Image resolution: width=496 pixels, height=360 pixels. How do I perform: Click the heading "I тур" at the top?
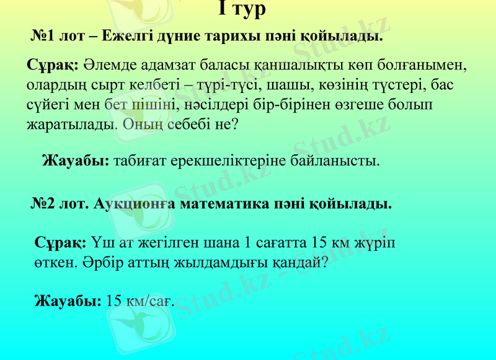[242, 9]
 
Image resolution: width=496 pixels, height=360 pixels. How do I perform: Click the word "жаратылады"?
[71, 124]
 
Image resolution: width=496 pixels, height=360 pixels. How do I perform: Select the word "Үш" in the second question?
[102, 242]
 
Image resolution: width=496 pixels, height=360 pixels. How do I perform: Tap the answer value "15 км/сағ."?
[140, 302]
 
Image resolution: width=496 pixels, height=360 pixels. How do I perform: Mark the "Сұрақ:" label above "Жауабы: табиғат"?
[52, 64]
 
